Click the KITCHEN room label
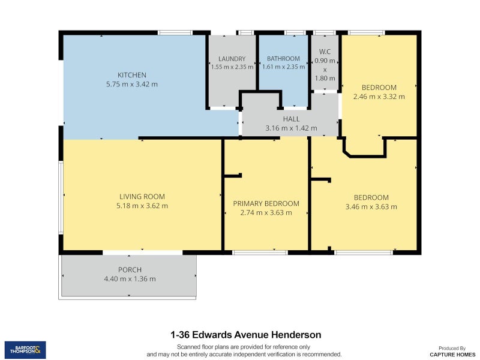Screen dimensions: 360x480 (131, 75)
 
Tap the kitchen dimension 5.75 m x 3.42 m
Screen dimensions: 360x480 (131, 85)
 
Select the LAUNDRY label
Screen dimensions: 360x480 (232, 59)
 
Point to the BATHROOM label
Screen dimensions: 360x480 (283, 59)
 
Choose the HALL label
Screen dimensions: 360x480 (291, 119)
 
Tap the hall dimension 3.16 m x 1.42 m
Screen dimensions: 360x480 (291, 128)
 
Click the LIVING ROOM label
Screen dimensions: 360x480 (142, 197)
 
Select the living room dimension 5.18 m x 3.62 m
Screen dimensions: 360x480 (142, 206)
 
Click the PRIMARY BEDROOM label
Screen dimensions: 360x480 (266, 203)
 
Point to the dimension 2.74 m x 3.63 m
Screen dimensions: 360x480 (266, 212)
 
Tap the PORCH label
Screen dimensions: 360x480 (130, 270)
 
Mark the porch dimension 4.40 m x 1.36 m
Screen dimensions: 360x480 (130, 279)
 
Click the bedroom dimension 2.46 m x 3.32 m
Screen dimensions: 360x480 (379, 97)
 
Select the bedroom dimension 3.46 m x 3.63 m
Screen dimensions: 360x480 (371, 207)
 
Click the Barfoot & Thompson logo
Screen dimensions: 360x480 (25, 350)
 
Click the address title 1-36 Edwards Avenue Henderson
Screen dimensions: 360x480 (246, 335)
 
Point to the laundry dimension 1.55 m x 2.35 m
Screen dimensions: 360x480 (232, 67)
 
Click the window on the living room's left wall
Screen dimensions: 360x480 (60, 196)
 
